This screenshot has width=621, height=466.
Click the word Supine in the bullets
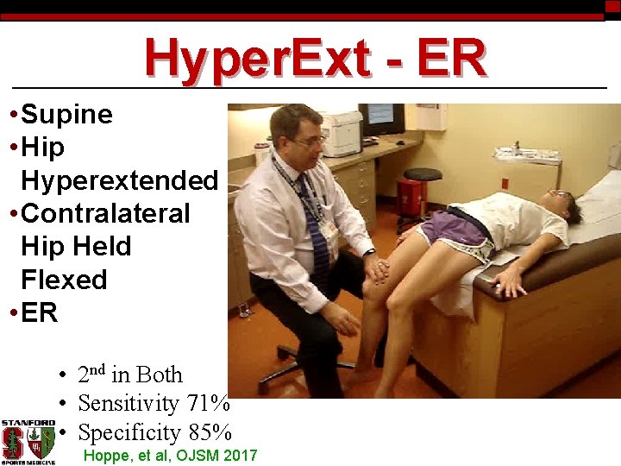click(x=66, y=115)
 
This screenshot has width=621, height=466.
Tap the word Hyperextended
click(x=119, y=181)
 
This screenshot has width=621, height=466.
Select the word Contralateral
click(x=105, y=214)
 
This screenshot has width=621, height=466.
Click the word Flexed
click(x=64, y=280)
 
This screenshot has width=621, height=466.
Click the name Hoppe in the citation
click(x=103, y=456)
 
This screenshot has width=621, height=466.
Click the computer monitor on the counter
click(x=381, y=119)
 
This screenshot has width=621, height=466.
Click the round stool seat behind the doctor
click(x=422, y=174)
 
